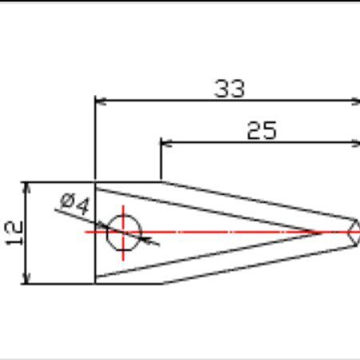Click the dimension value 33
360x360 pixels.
click(229, 89)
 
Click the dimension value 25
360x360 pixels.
click(262, 130)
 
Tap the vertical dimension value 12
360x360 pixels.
click(14, 233)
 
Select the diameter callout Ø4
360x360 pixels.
click(75, 204)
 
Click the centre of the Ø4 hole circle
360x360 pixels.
click(124, 232)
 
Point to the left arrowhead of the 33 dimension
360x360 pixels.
click(101, 101)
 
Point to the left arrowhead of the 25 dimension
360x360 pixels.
click(166, 143)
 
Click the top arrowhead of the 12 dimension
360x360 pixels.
click(26, 188)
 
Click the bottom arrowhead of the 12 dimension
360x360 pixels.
click(26, 279)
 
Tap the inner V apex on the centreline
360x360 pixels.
click(322, 233)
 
